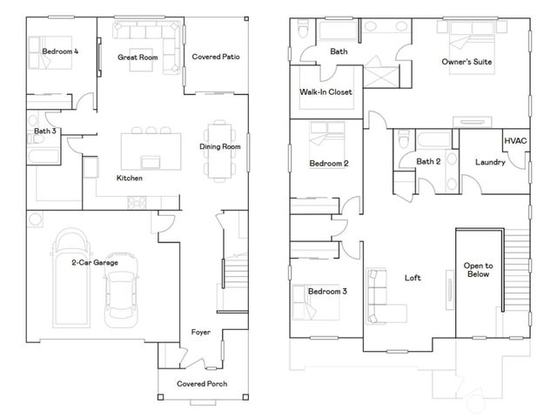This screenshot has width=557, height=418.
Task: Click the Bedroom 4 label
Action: pos(61,52)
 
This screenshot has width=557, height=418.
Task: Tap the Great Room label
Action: pos(138,57)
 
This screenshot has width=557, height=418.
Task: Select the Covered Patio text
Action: pos(215,57)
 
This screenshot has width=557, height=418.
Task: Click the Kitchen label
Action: pos(130,179)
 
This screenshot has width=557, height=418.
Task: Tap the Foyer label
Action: pos(201,333)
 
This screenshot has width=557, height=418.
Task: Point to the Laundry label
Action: pos(490,162)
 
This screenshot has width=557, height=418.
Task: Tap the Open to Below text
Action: pos(478,270)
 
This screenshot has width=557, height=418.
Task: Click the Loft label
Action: pos(413,279)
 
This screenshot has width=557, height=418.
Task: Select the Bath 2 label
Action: pos(429,161)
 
